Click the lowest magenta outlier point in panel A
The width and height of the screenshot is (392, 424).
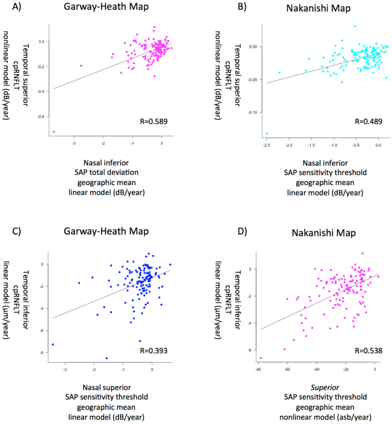54,132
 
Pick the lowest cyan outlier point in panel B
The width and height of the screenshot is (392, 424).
267,134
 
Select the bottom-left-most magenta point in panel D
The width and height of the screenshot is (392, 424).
261,358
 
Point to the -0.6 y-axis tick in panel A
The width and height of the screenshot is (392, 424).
42,116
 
